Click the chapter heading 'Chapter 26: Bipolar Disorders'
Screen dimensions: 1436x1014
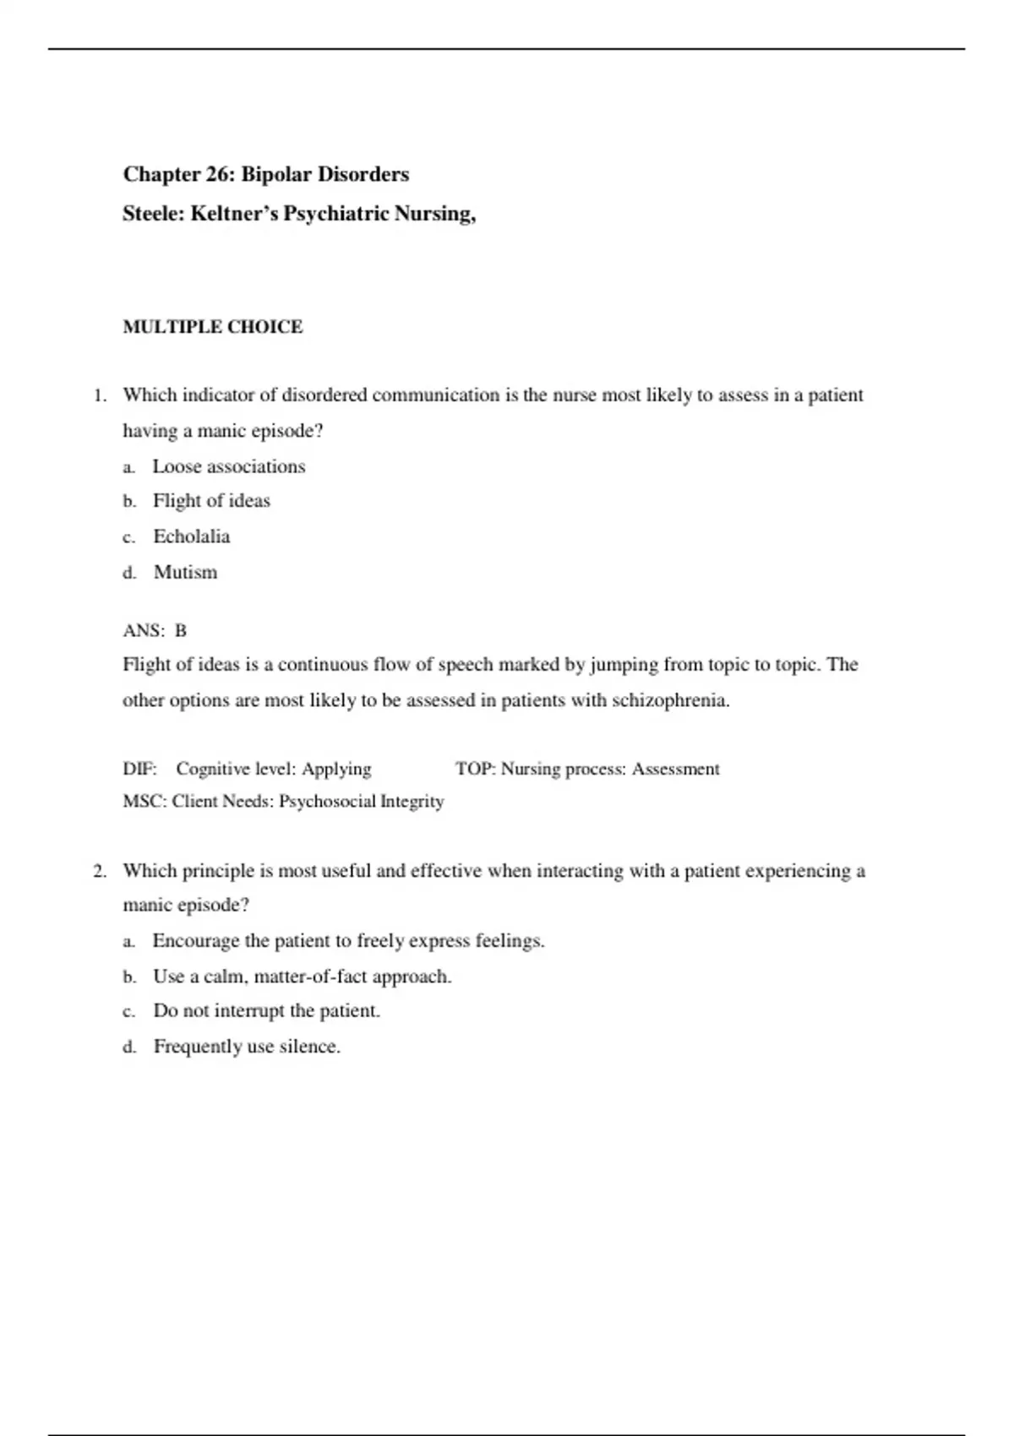pos(265,175)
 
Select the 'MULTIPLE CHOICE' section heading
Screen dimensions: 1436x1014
pos(212,327)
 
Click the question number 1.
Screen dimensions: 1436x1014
pos(99,395)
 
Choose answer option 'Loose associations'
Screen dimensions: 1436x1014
pos(228,466)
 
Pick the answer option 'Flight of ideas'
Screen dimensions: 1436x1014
pos(211,501)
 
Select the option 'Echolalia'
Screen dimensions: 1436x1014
pos(191,536)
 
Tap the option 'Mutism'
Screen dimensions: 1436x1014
pos(185,573)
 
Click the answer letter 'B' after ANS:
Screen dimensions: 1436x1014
pos(180,631)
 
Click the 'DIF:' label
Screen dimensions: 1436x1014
pos(139,769)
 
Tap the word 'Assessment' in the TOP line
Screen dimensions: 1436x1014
pos(675,769)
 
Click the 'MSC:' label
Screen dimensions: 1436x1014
pos(144,801)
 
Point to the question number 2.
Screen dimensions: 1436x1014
pos(99,871)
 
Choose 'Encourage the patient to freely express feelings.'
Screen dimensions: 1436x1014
pos(348,941)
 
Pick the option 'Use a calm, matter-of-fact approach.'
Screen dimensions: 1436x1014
pos(302,976)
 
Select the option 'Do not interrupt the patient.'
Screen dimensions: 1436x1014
pos(266,1011)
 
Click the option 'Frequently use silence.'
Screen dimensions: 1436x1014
pos(247,1047)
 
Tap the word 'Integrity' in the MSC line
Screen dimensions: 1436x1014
pos(412,801)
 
